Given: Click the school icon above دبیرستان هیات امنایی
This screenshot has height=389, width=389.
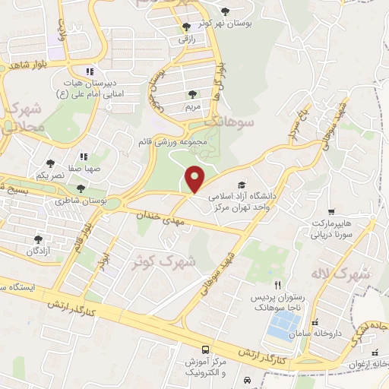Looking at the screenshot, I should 90,71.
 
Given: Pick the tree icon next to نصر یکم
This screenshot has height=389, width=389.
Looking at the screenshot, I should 50,163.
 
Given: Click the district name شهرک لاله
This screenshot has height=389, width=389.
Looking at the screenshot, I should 338,273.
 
